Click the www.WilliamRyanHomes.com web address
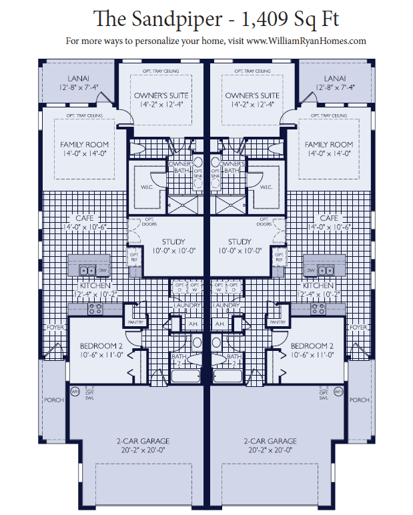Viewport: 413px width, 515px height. (x=306, y=41)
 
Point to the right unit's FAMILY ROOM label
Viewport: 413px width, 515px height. (x=328, y=144)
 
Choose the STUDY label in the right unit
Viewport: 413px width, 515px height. (x=240, y=241)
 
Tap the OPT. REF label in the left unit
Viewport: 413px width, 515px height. (x=134, y=257)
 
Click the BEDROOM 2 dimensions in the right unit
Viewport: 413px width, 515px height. (x=312, y=356)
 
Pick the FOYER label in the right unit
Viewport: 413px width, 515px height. (x=358, y=328)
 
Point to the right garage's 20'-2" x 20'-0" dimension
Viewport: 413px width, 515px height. (x=270, y=450)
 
